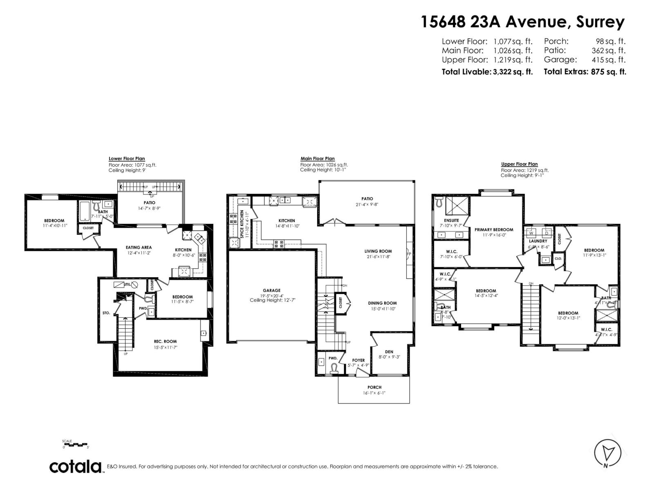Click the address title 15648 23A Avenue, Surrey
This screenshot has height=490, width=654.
523,22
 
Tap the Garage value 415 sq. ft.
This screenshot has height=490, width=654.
609,60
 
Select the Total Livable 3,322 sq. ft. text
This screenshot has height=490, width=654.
487,72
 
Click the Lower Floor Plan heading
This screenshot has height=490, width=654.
127,159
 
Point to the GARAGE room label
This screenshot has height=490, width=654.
272,291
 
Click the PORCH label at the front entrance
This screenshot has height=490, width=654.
374,387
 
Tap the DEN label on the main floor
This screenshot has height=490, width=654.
389,352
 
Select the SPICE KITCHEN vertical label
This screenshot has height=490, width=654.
242,225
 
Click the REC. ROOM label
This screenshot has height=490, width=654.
165,341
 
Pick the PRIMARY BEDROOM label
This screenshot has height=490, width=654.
494,229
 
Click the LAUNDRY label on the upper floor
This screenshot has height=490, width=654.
538,241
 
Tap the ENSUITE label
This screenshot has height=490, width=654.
451,220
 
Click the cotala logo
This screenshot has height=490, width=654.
76,466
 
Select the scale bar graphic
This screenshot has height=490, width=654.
75,444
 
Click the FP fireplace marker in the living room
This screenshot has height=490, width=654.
409,254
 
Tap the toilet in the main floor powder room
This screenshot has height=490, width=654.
335,369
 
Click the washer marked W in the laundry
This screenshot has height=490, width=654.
531,233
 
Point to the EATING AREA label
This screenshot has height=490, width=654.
139,247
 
